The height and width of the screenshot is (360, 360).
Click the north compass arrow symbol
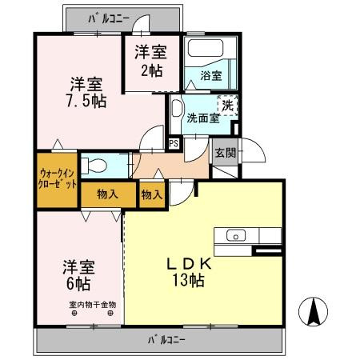314,310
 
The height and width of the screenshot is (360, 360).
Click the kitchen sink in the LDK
236,235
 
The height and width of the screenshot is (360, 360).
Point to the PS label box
173,144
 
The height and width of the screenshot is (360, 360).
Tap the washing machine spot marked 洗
228,105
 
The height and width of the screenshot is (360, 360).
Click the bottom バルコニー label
166,340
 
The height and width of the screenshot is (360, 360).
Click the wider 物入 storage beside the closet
108,193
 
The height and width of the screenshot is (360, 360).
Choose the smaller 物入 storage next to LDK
151,194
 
